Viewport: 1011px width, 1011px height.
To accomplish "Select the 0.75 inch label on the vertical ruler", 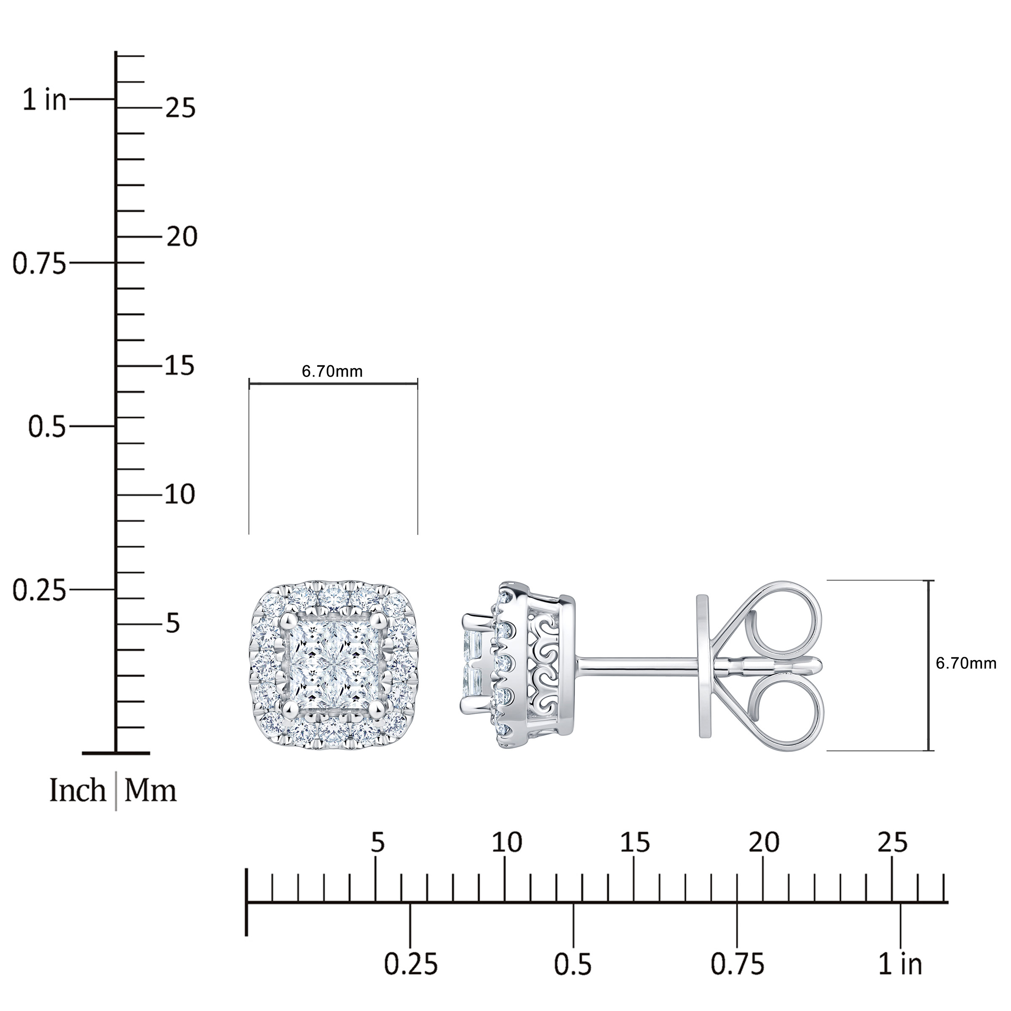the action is point(40,264).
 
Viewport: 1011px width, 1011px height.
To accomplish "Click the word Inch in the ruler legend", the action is point(78,790).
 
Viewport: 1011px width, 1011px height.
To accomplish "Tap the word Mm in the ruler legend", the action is point(151,790).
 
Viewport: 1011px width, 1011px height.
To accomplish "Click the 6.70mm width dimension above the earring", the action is point(332,372).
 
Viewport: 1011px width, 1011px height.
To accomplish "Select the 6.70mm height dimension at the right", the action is point(966,663).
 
